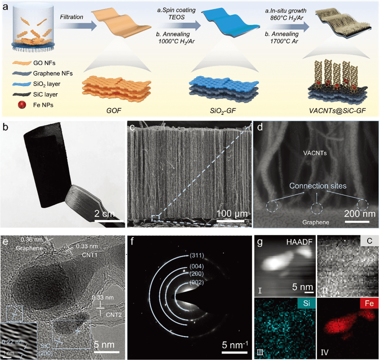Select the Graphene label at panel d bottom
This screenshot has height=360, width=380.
click(315, 222)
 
